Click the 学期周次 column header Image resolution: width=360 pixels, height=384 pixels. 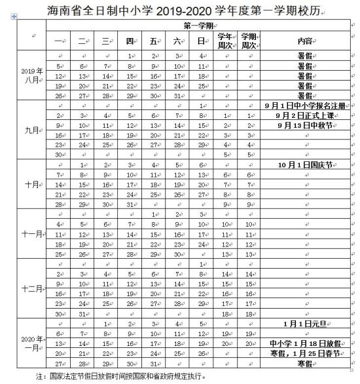(x=248, y=41)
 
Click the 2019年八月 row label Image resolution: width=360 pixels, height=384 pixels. (x=31, y=75)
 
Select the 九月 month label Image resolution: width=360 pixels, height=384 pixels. (x=31, y=130)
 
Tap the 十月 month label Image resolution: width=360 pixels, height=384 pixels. (x=31, y=184)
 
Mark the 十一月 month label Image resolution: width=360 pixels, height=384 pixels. (x=31, y=234)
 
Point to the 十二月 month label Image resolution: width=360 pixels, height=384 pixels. (x=31, y=288)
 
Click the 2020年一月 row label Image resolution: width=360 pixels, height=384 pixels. (x=31, y=343)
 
